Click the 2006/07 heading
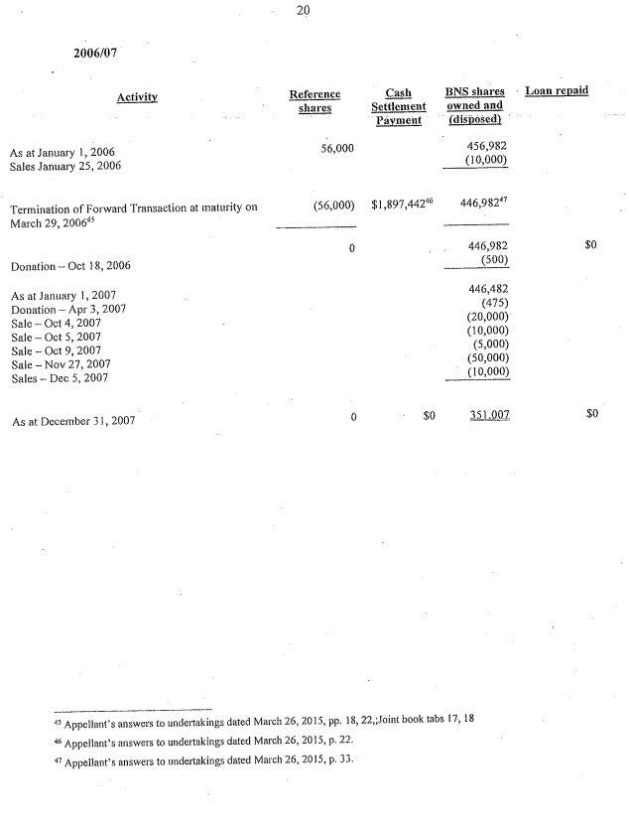(x=96, y=54)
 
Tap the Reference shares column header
(x=314, y=100)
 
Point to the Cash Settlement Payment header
(x=398, y=106)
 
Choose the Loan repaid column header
(x=557, y=91)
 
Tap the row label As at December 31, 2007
(x=74, y=421)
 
